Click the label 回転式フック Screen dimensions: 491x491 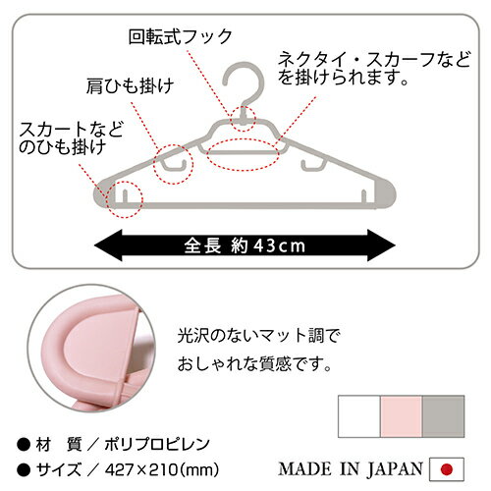click(181, 36)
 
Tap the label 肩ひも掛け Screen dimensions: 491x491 click(130, 85)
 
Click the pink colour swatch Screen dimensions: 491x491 click(401, 416)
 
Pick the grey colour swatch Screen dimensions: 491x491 click(443, 416)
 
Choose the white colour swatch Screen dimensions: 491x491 click(359, 416)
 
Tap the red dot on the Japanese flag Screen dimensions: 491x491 click(447, 469)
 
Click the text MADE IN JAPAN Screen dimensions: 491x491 click(351, 468)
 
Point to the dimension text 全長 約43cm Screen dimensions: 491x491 click(245, 245)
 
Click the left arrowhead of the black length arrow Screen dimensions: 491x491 click(108, 245)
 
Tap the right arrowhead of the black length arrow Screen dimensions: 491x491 click(381, 245)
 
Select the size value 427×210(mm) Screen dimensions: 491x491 click(162, 470)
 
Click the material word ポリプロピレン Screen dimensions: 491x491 click(157, 444)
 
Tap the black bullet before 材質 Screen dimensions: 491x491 click(24, 445)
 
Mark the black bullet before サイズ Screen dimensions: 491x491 click(24, 470)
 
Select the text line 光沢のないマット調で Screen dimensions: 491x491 click(258, 336)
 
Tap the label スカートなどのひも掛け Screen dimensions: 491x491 click(71, 137)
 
